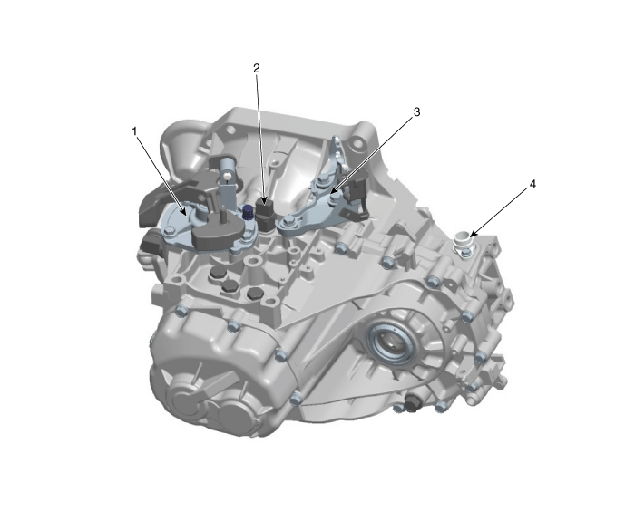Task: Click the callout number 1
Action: tap(135, 131)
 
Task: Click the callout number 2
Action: tap(257, 68)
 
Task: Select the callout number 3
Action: tap(416, 111)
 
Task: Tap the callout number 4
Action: tap(532, 184)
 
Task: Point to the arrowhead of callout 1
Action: tap(184, 212)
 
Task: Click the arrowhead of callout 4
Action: tap(473, 234)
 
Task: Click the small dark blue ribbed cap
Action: tap(248, 212)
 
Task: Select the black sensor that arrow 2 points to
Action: tap(264, 214)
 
